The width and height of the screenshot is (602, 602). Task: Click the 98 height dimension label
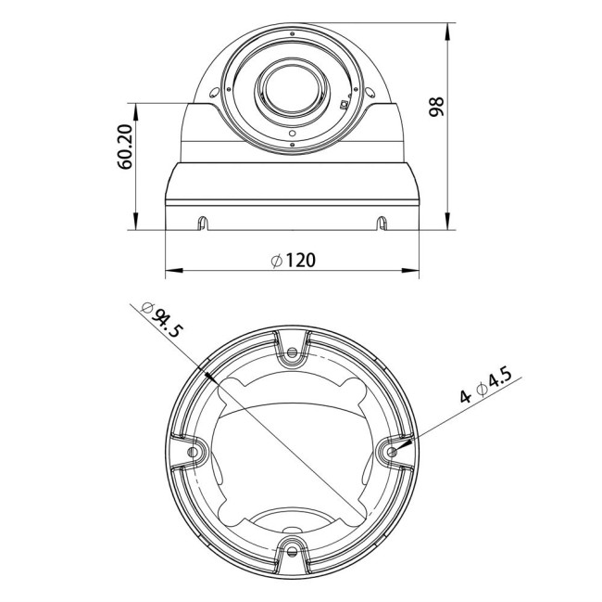coord(437,106)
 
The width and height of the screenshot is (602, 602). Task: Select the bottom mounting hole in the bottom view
coord(294,550)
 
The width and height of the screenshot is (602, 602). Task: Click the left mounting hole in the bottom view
coord(194,451)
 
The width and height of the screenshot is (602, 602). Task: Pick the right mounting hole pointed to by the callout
coord(392,451)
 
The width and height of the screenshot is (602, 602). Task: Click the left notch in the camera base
coord(203,222)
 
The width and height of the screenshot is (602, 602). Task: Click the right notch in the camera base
coord(381,222)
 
